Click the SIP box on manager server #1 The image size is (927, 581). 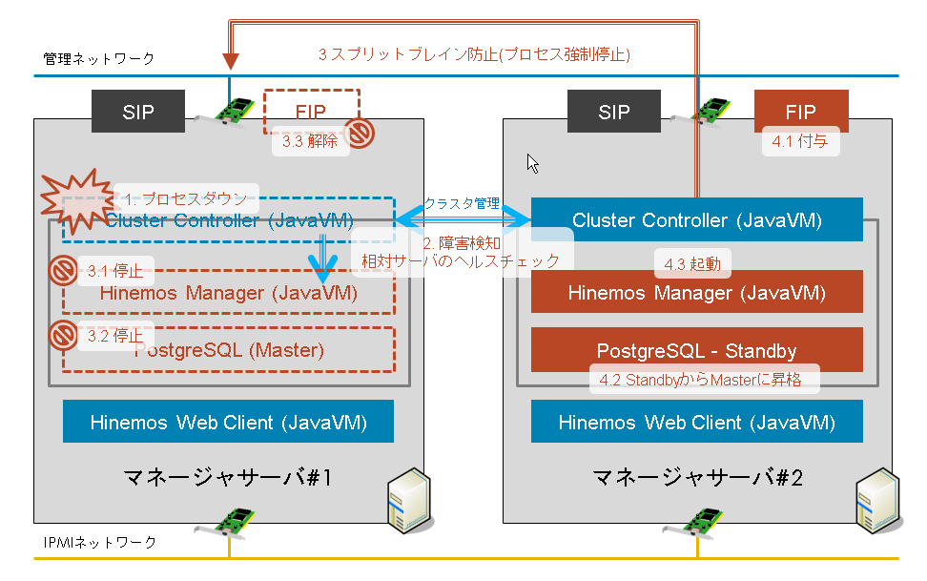tap(137, 112)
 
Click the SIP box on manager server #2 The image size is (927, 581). tap(614, 112)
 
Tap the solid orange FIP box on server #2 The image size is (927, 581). tap(800, 110)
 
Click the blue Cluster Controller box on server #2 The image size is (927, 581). tap(696, 220)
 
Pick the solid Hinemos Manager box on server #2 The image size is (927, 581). tap(696, 293)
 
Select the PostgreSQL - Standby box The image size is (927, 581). tap(696, 350)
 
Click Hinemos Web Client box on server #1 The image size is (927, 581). tap(228, 421)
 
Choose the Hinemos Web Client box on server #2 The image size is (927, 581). tap(696, 421)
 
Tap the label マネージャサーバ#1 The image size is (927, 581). tap(228, 476)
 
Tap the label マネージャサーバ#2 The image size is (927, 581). tap(697, 476)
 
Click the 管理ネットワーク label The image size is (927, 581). tap(99, 59)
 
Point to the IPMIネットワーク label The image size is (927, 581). tap(100, 542)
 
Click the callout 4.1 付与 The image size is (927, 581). tap(800, 141)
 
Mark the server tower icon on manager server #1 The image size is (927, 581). tap(406, 501)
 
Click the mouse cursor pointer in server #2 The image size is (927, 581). tap(533, 163)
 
